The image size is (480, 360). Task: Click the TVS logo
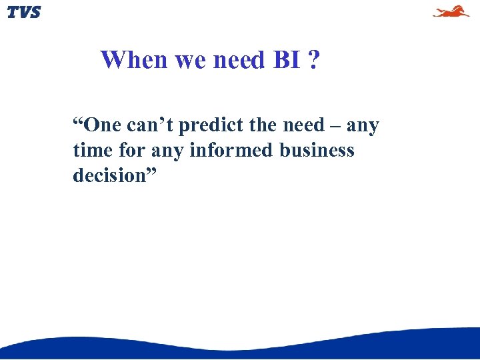point(24,12)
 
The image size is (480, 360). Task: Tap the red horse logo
point(451,11)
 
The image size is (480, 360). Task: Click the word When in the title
point(134,60)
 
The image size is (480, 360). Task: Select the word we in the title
point(191,60)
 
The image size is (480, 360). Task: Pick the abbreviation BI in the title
point(286,60)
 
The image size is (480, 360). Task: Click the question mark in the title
point(313,60)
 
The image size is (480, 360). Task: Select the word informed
point(231,151)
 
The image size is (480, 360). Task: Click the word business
point(317,151)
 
